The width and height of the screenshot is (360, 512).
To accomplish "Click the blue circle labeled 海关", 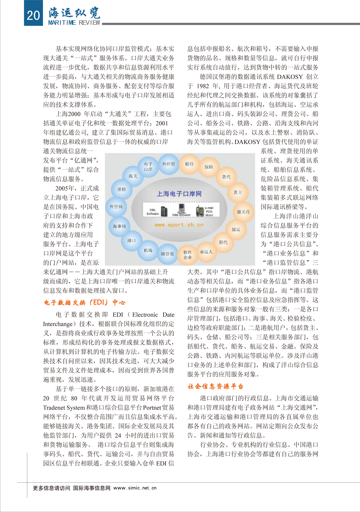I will click(133, 176).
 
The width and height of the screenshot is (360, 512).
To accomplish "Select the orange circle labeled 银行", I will click(189, 164).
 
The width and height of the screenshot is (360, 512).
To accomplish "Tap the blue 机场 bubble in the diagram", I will click(148, 250).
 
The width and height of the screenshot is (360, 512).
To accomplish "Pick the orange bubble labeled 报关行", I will click(243, 212).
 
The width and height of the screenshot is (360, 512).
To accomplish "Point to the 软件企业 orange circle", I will click(187, 255).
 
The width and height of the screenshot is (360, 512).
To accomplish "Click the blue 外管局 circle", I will click(116, 207).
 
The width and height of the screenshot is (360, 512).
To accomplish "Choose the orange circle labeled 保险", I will click(209, 167).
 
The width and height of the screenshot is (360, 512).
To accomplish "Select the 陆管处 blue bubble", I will click(167, 254).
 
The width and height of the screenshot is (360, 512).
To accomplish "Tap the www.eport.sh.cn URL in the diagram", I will click(179, 225).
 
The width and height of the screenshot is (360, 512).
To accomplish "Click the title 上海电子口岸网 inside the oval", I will click(179, 194).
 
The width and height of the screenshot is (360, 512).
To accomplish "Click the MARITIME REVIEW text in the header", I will click(74, 23).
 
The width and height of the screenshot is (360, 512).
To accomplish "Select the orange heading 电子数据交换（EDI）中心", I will click(85, 302).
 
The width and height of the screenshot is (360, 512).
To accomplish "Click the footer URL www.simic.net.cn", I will click(135, 488).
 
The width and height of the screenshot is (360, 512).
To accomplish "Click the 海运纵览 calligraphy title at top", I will click(74, 13).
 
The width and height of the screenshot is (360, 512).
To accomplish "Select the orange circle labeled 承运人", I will click(206, 252).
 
